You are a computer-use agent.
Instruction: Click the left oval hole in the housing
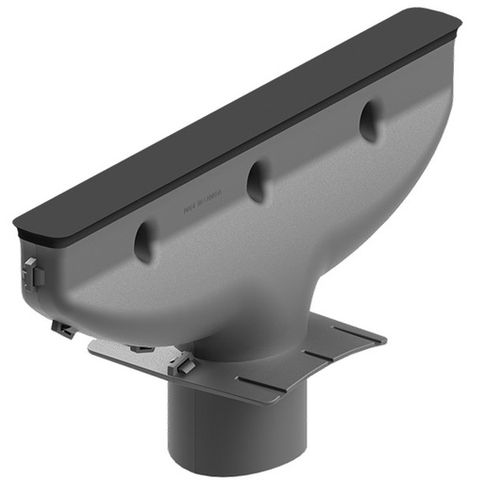pos(144,242)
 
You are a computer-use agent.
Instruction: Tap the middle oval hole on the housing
pos(257,180)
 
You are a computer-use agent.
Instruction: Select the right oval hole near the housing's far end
pos(368,122)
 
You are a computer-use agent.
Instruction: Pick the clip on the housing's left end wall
pos(30,273)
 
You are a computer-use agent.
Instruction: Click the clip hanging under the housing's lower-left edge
pos(63,329)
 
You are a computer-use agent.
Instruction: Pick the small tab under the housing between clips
pos(142,348)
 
